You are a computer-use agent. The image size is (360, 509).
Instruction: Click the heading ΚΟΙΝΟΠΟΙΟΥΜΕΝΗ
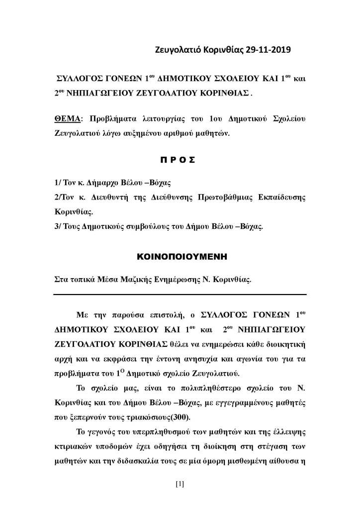180,257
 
